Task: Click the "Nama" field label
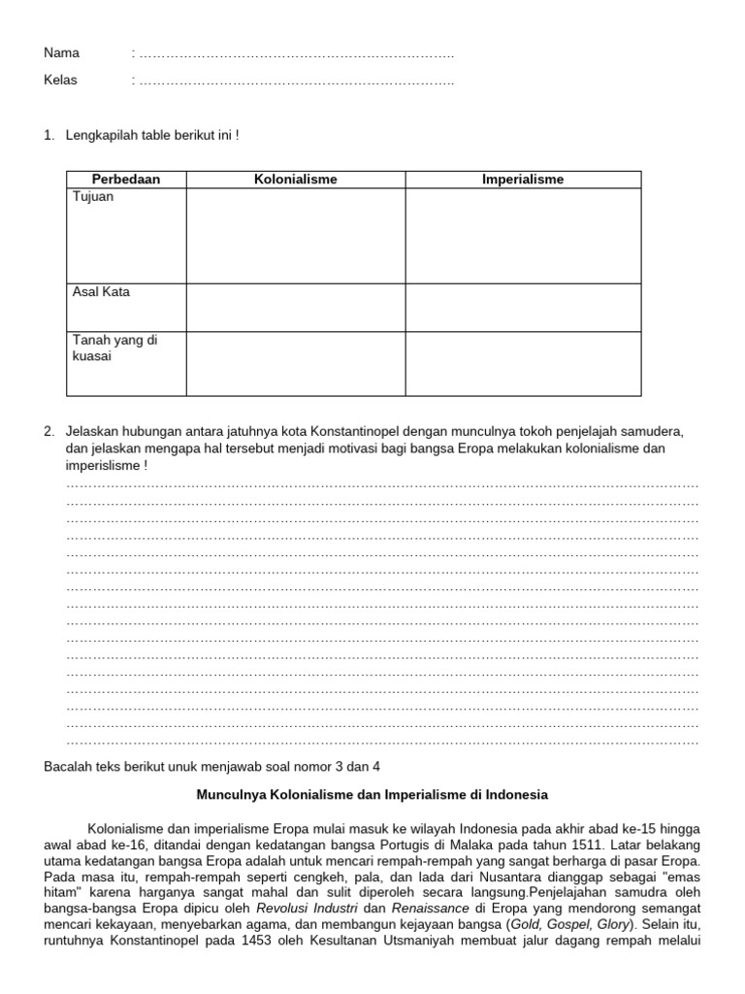[62, 53]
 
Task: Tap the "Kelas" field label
[61, 80]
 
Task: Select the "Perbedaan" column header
[126, 180]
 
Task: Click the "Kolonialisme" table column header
[296, 180]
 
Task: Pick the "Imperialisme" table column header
[523, 180]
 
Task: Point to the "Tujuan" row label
[93, 197]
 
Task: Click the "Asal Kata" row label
[101, 292]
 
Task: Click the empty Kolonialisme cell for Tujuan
[296, 236]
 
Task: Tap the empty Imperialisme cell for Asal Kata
[523, 308]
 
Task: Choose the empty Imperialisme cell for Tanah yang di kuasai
[523, 364]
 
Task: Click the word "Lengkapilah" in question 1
[102, 135]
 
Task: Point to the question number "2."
[49, 431]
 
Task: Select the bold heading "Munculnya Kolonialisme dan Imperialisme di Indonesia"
[372, 794]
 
